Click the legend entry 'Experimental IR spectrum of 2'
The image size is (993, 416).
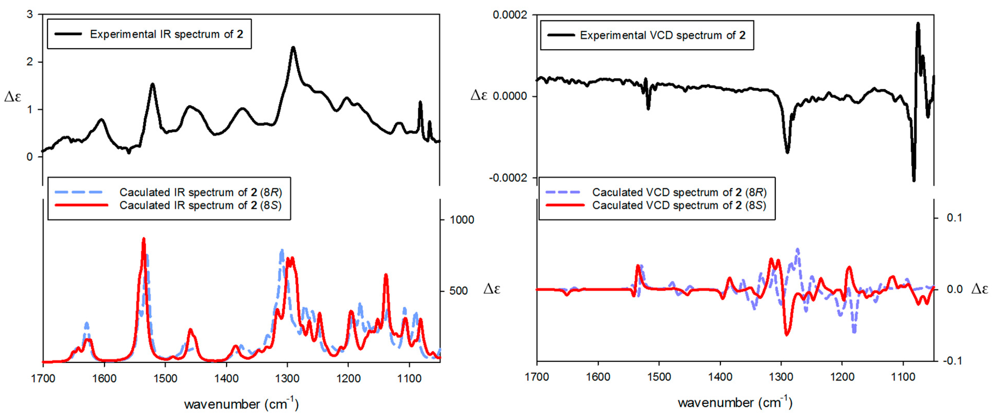point(166,34)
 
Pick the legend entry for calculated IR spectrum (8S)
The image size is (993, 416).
point(200,205)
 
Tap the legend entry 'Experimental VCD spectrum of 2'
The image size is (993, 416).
point(662,35)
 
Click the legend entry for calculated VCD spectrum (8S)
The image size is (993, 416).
point(679,205)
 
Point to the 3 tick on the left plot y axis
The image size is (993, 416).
point(30,15)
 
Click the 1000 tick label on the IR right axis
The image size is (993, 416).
point(462,220)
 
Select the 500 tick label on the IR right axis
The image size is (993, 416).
point(458,291)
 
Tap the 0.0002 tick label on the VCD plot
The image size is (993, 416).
point(509,15)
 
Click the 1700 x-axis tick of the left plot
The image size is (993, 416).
point(43,379)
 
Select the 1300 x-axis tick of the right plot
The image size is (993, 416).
point(781,377)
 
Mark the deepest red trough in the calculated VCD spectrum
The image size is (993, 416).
point(787,334)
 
